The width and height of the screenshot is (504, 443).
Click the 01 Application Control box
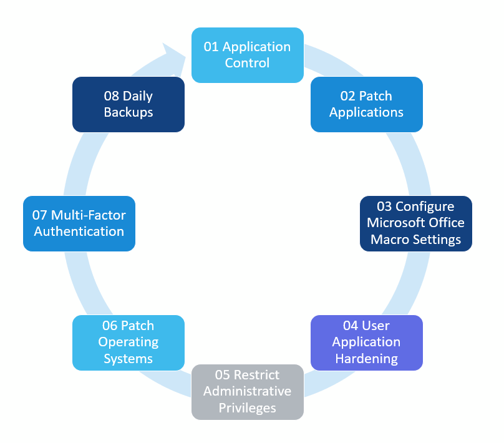pos(247,55)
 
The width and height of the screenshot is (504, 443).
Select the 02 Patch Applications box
pos(366,104)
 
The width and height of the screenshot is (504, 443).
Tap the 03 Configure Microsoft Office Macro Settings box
pos(415,223)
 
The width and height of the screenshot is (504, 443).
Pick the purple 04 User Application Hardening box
pos(366,342)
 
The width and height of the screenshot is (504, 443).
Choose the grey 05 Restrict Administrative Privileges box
pos(247,392)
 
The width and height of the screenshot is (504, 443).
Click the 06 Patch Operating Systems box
pos(128,342)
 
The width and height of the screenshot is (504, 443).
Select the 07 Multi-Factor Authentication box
pos(79,223)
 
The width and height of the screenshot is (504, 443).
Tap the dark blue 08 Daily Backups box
pos(128,104)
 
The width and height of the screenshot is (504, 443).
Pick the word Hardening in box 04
pos(366,359)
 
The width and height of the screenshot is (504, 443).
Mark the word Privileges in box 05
pos(247,408)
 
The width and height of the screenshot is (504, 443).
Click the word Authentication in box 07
pos(79,231)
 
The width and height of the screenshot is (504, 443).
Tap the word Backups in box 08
pos(128,113)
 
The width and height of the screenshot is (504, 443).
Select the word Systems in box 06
pos(128,359)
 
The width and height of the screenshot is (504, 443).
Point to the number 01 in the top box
pos(211,47)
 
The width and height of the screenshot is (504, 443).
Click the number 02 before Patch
pos(348,96)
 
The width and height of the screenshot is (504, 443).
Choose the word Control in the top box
pos(247,63)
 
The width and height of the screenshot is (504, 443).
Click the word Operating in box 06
pos(128,343)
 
